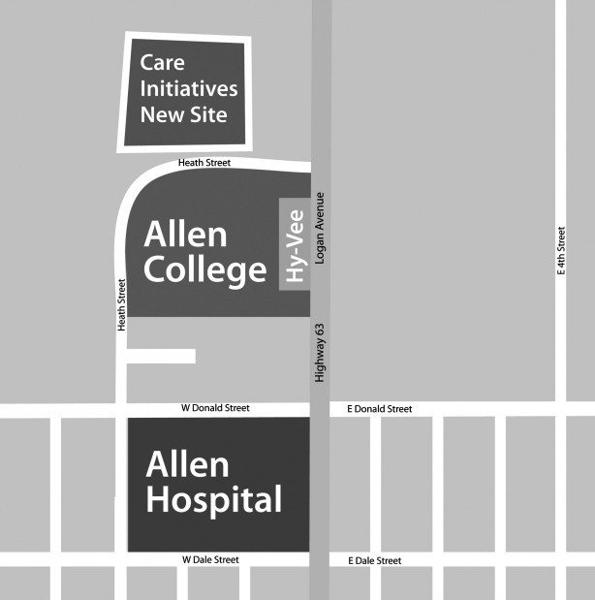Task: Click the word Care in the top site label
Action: click(x=162, y=63)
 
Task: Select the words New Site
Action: click(x=184, y=114)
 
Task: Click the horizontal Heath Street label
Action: click(x=204, y=163)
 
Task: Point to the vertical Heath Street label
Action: click(x=121, y=305)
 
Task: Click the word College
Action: click(x=204, y=271)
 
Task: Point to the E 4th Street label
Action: click(x=561, y=252)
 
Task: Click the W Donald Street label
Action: click(x=215, y=408)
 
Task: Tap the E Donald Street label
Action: click(x=379, y=409)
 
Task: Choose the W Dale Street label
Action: click(x=210, y=559)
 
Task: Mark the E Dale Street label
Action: click(x=373, y=560)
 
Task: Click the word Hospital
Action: click(x=214, y=500)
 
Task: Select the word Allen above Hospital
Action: click(x=187, y=465)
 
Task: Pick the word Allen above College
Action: click(x=185, y=235)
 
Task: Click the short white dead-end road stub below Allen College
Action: click(x=161, y=356)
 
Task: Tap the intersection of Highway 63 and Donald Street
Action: click(x=320, y=410)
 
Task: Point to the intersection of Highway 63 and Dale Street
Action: click(x=320, y=559)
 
